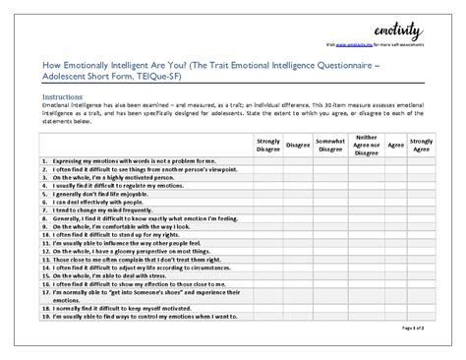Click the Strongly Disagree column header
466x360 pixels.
click(x=268, y=145)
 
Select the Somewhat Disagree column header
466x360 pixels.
click(x=329, y=145)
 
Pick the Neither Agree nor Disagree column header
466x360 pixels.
click(x=366, y=145)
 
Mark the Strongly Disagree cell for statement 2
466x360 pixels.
click(x=268, y=167)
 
